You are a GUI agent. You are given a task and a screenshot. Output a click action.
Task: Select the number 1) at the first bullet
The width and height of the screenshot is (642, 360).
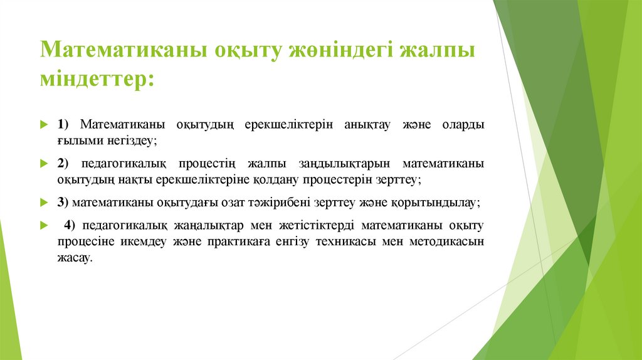pos(65,124)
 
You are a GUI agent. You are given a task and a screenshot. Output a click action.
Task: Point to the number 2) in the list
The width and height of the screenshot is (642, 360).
pos(65,164)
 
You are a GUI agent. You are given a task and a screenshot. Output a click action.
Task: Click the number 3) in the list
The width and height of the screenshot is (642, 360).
pos(64,203)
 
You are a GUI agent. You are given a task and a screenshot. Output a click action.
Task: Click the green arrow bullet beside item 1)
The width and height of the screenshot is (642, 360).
pos(43,124)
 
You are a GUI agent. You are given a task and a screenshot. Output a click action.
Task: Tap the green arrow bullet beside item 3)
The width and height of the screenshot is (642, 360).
pos(43,203)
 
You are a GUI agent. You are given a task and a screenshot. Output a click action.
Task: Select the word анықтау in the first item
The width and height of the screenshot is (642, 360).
pos(367,124)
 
